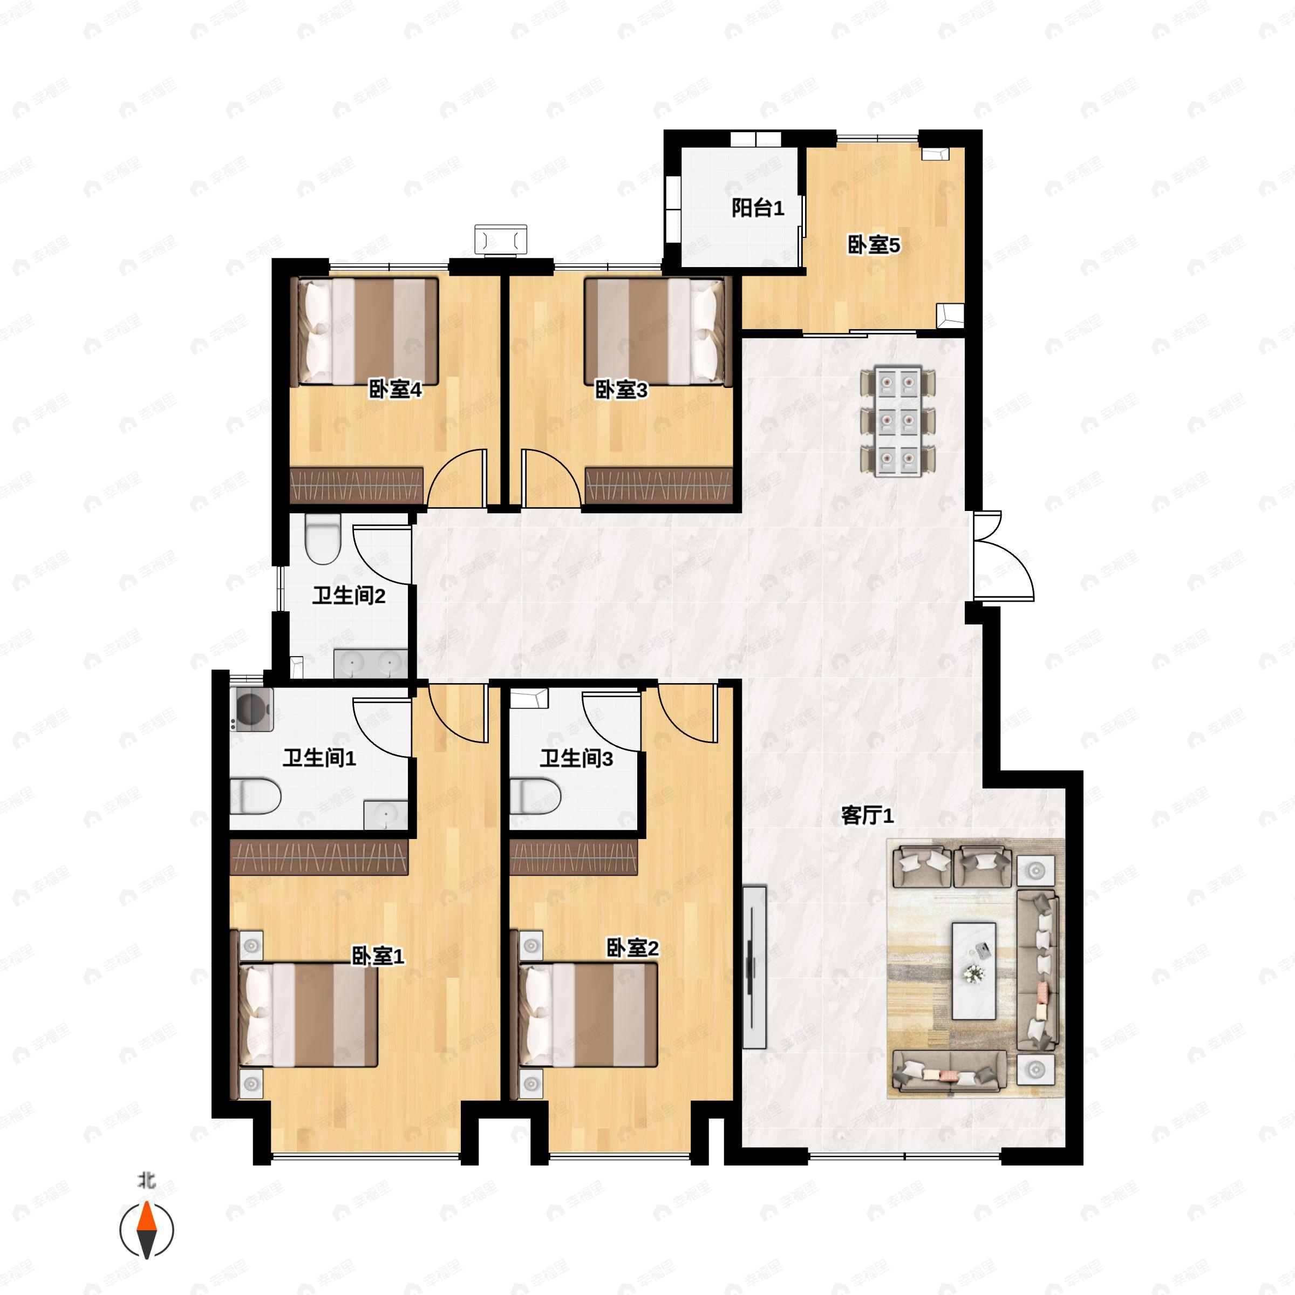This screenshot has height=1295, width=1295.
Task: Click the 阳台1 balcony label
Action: pos(758,208)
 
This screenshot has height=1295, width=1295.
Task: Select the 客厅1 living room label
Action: pos(867,815)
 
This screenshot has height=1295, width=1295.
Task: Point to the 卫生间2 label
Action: pos(349,595)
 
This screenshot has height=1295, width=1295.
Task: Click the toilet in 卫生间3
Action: pos(535,796)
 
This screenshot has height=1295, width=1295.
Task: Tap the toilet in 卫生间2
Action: pos(323,539)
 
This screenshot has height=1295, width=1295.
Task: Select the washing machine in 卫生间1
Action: pos(251,709)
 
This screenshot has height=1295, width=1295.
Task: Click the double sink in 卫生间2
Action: pos(371,663)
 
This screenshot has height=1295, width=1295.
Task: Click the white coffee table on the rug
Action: pos(974,971)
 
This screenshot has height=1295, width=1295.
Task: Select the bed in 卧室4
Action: pos(368,332)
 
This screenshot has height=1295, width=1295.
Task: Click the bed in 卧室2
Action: pos(588,1015)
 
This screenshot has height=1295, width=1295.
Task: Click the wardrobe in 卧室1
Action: pos(319,857)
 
